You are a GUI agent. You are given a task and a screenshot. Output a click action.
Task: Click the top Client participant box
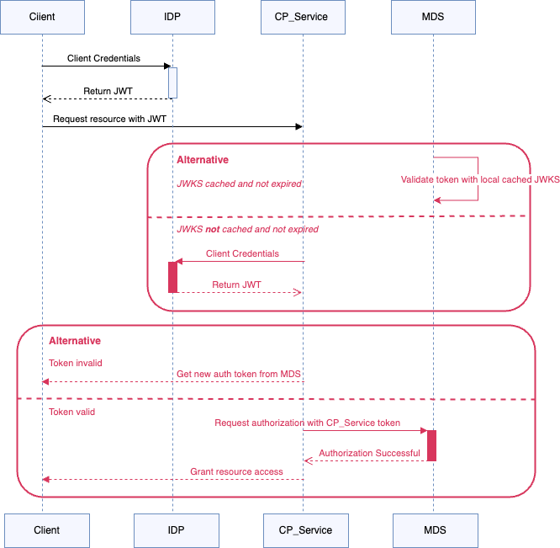(x=42, y=17)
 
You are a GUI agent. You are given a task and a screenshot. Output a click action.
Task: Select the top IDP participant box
(x=172, y=17)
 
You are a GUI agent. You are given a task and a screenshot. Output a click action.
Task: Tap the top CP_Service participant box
(x=303, y=17)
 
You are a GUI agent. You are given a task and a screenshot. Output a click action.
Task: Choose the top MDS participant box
(x=433, y=17)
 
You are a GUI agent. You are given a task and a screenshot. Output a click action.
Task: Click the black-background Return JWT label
(x=108, y=91)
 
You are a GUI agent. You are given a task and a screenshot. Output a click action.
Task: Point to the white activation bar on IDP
(x=172, y=82)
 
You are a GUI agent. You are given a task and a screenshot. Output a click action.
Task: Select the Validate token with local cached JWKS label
(x=479, y=179)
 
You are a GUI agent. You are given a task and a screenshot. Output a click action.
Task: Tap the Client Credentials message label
(x=242, y=253)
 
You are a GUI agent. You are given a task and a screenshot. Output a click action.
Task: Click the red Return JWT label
(x=236, y=285)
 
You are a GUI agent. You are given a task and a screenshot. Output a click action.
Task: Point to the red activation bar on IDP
(x=172, y=277)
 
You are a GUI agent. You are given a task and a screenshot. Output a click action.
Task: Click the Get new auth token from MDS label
(x=238, y=374)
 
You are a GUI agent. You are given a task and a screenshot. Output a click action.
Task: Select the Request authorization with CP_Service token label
(x=307, y=423)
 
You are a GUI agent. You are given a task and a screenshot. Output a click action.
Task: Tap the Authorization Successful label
(x=369, y=453)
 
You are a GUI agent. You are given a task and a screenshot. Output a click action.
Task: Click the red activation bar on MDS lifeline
(x=431, y=445)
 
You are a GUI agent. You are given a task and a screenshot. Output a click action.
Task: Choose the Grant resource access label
(x=236, y=471)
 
